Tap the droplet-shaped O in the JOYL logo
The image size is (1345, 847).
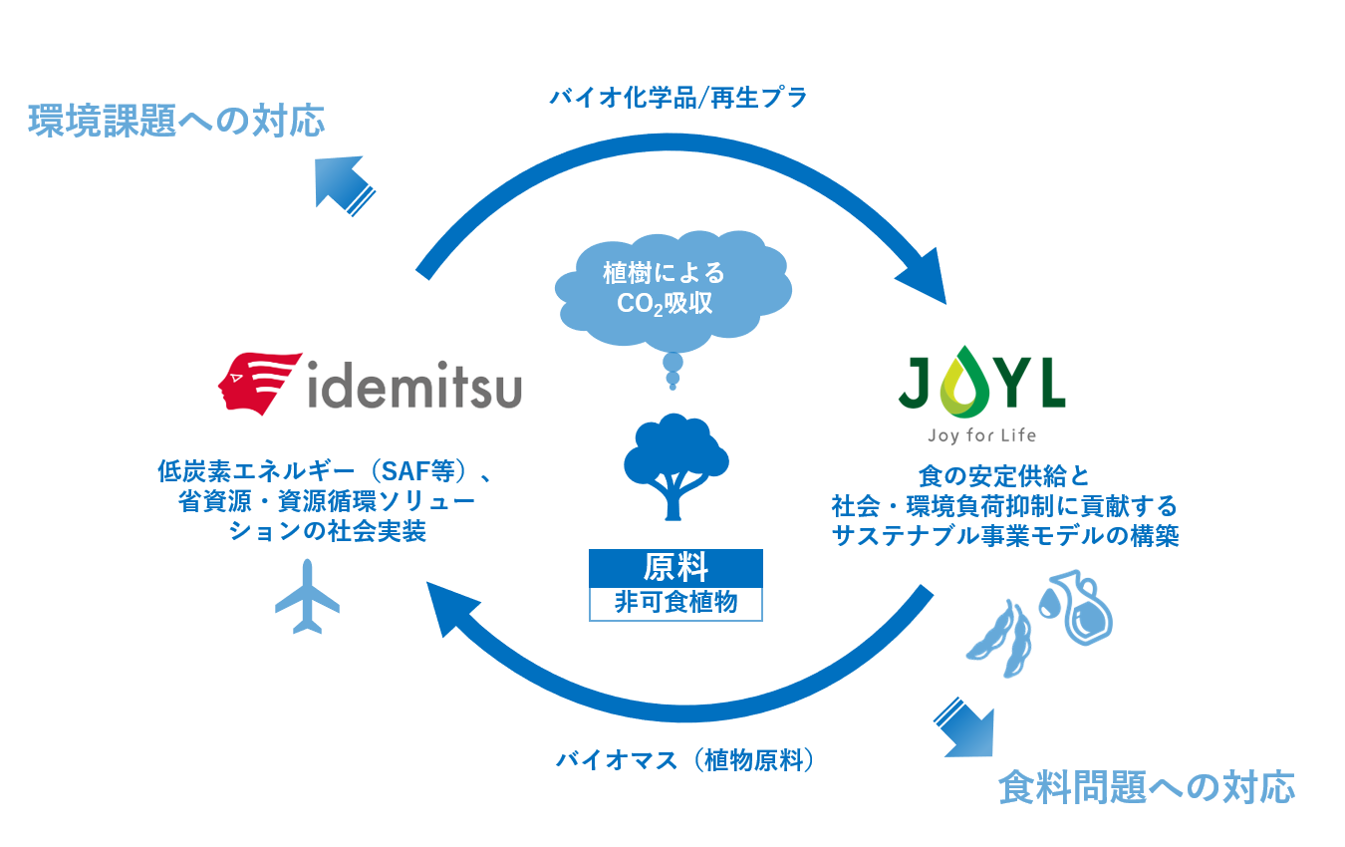point(959,382)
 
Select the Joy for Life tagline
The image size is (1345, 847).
point(980,435)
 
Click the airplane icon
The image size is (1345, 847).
point(307,597)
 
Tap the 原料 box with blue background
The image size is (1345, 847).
point(675,568)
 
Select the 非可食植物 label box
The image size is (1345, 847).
point(675,603)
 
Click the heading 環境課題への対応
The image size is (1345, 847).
point(177,121)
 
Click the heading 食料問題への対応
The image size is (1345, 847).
point(1147,786)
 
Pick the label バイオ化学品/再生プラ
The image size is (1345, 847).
point(678,98)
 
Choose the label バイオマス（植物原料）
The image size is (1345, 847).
point(684,760)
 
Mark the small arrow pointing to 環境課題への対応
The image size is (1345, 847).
point(340,183)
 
